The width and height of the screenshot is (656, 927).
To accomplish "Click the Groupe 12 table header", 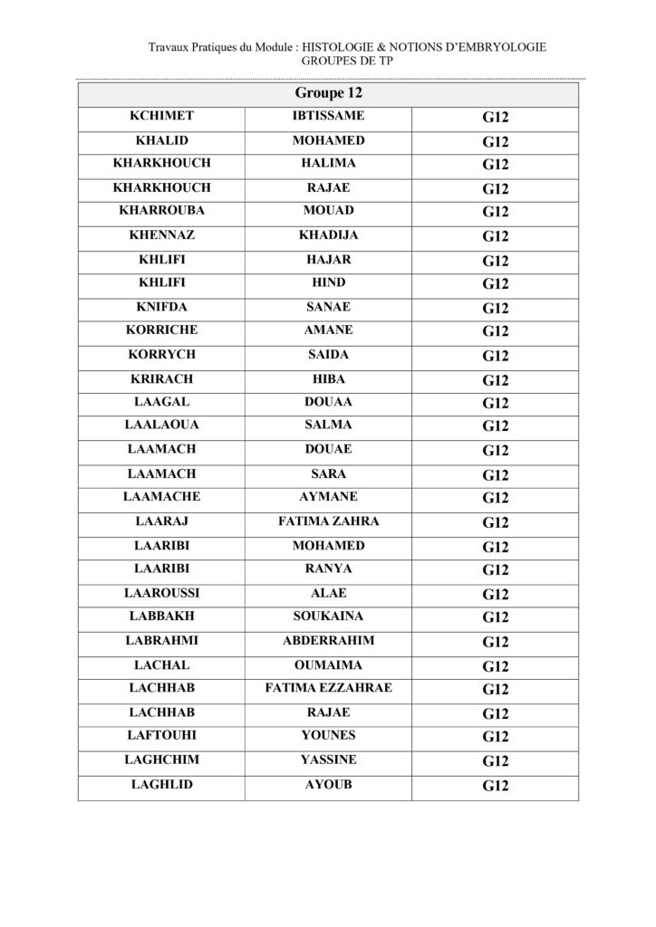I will pyautogui.click(x=328, y=93).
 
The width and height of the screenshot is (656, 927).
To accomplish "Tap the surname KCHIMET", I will pyautogui.click(x=161, y=116).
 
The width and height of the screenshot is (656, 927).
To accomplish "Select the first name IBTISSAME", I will pyautogui.click(x=328, y=116).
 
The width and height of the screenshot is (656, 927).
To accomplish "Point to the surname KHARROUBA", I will pyautogui.click(x=161, y=211).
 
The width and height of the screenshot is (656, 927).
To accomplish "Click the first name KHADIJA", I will pyautogui.click(x=328, y=235).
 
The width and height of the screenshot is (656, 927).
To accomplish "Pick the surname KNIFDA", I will pyautogui.click(x=161, y=307).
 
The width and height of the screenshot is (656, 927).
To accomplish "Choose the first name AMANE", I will pyautogui.click(x=328, y=330).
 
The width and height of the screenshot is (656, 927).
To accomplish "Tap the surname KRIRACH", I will pyautogui.click(x=161, y=378).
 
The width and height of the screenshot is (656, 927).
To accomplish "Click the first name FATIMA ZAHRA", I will pyautogui.click(x=328, y=521).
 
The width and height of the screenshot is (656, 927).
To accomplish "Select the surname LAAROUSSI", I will pyautogui.click(x=161, y=593).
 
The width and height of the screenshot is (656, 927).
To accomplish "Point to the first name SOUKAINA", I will pyautogui.click(x=328, y=616).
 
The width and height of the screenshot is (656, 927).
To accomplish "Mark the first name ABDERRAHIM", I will pyautogui.click(x=328, y=641).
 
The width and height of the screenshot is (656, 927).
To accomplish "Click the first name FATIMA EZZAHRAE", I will pyautogui.click(x=328, y=688).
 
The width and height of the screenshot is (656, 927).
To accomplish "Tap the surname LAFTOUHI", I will pyautogui.click(x=161, y=736).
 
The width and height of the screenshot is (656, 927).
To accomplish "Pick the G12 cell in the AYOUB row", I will pyautogui.click(x=496, y=786).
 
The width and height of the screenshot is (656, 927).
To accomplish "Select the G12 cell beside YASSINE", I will pyautogui.click(x=496, y=760).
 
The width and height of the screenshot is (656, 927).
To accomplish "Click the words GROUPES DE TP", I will pyautogui.click(x=347, y=62).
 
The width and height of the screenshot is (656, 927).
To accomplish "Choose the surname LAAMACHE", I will pyautogui.click(x=161, y=497).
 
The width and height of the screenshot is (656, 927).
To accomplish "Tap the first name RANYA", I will pyautogui.click(x=328, y=569).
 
